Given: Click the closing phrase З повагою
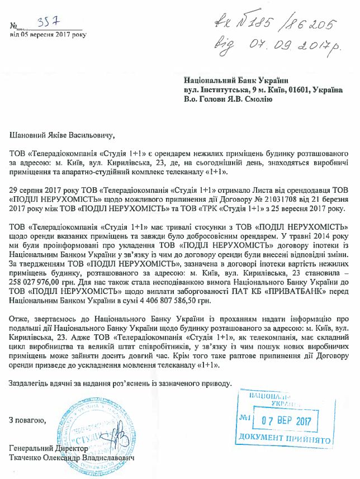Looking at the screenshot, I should (x=27, y=420).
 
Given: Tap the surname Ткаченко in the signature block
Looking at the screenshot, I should (x=28, y=457).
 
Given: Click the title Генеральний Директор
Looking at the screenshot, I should (x=49, y=449).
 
